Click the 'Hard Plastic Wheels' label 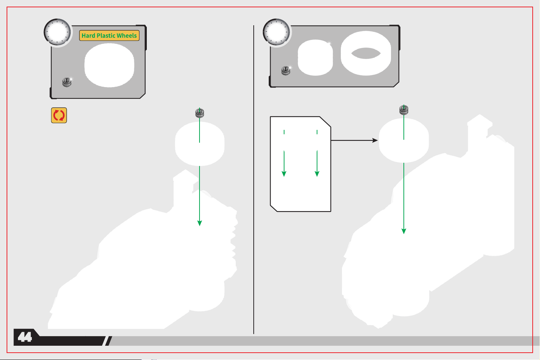(109, 35)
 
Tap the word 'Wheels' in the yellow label (127, 35)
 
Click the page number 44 (25, 337)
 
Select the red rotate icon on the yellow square (59, 115)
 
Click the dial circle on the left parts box (57, 32)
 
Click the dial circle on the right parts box (276, 32)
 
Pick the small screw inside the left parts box (67, 82)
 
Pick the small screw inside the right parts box (286, 71)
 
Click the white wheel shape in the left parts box (109, 65)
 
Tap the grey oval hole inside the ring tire (366, 53)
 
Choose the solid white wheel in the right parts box (315, 57)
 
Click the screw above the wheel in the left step (200, 113)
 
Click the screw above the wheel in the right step (404, 110)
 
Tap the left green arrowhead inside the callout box (284, 174)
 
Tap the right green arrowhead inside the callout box (317, 174)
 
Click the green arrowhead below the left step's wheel (200, 223)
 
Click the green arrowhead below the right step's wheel (404, 231)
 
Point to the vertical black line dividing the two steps (254, 180)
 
